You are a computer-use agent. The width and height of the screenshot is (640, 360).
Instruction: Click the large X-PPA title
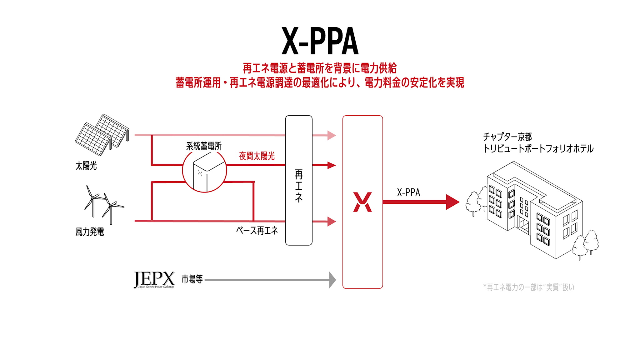coord(320,41)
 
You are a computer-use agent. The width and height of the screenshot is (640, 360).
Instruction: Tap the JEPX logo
coord(154,279)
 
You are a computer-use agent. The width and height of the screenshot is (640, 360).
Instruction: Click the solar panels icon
coord(102,135)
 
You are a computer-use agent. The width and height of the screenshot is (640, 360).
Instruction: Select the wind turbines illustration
coord(103,204)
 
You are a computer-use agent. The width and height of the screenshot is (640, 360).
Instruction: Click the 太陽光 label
coord(86,166)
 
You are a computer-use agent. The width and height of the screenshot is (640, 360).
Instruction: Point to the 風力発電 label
coord(90,232)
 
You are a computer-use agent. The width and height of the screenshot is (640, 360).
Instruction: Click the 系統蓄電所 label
coord(204,146)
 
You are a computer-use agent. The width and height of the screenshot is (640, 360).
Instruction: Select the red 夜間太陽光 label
coord(257,156)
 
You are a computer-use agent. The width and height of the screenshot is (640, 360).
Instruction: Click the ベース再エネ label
coord(257,231)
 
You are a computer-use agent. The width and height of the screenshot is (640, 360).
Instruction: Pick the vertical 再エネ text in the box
coord(299,186)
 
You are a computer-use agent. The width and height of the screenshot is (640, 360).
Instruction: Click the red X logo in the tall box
coord(362,202)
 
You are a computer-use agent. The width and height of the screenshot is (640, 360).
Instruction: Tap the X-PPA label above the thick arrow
coord(408,192)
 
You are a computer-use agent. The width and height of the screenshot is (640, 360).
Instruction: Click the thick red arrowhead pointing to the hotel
coord(452,202)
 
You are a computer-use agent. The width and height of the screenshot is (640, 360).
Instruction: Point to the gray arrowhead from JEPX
coord(332,280)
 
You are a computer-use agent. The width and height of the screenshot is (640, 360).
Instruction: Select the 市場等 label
coord(192,279)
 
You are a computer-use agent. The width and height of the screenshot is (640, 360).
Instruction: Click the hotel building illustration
coord(531,209)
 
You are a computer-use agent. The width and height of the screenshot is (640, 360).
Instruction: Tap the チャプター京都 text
coord(507,137)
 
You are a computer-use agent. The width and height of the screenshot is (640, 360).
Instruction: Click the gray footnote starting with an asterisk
coord(528,287)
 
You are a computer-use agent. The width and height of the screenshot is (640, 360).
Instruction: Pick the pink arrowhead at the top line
coord(331,135)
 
